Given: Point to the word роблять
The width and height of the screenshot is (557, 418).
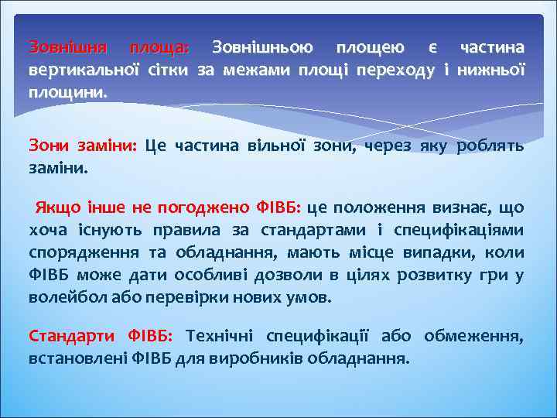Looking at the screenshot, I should click(x=490, y=145).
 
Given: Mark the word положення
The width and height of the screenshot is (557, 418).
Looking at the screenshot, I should click(x=378, y=207).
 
